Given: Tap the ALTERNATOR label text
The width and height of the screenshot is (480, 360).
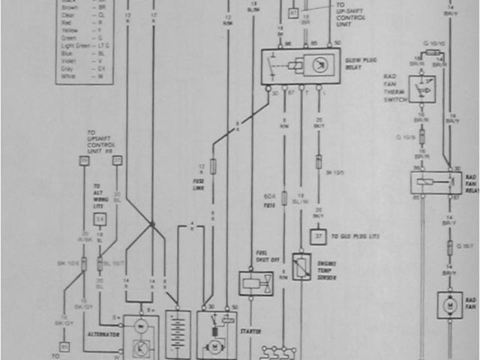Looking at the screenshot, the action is [x=104, y=332].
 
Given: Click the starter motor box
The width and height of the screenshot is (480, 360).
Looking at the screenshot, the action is [x=216, y=335].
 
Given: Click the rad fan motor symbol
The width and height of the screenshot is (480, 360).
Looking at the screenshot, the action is [x=451, y=306].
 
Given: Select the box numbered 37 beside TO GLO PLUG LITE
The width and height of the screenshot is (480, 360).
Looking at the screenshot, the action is [x=319, y=237].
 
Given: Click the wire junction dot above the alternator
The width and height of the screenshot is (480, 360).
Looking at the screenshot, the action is [x=152, y=223].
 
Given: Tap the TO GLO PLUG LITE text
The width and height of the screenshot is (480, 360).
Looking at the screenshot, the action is [x=353, y=236].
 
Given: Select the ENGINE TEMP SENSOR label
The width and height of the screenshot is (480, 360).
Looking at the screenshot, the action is [x=325, y=271].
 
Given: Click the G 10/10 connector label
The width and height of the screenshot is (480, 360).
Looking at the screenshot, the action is [x=433, y=44].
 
